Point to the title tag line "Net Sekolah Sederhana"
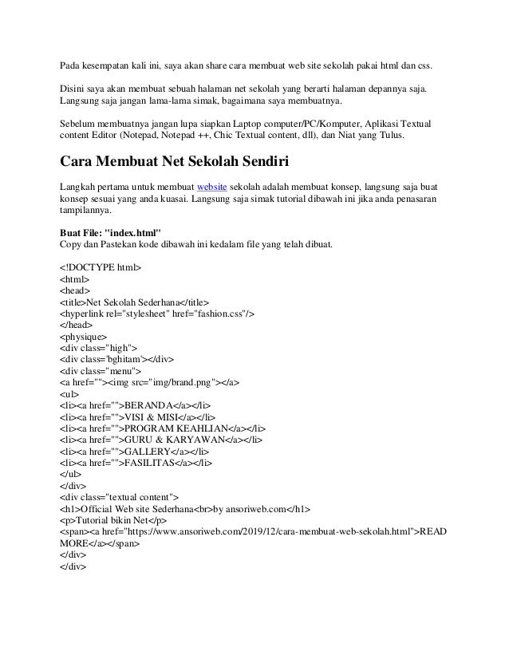click(134, 302)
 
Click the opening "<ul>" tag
click(69, 394)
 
